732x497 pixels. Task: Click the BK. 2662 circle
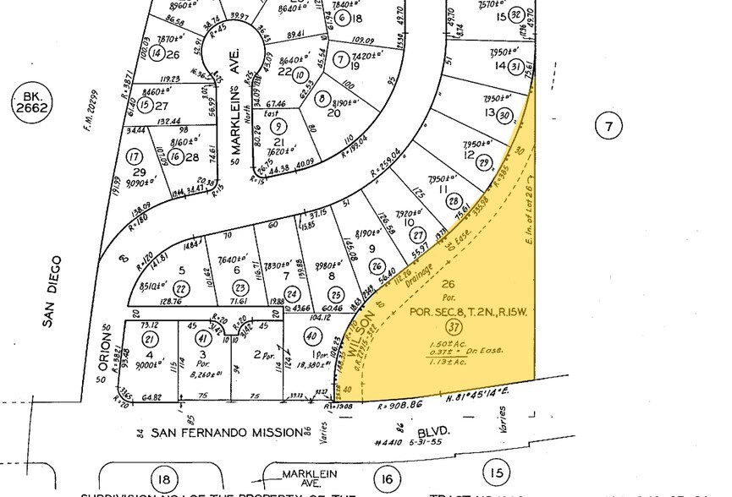[33, 106]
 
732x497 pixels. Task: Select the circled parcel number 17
[134, 156]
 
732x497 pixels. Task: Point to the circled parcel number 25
[336, 293]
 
